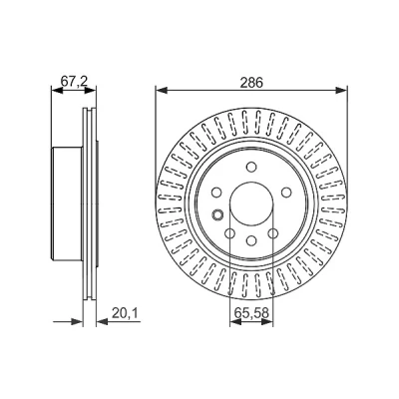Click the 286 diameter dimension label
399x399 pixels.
(x=251, y=82)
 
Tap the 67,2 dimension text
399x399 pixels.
(x=74, y=82)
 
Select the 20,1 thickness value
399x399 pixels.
(x=125, y=313)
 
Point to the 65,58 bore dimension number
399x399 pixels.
(x=251, y=313)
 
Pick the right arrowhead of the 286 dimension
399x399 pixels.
(x=341, y=90)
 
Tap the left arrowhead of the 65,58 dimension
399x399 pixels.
(x=235, y=321)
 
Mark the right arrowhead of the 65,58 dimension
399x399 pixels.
(x=267, y=321)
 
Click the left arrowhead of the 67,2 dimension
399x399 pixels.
(x=57, y=90)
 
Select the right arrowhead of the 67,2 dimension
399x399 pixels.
(x=91, y=90)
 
